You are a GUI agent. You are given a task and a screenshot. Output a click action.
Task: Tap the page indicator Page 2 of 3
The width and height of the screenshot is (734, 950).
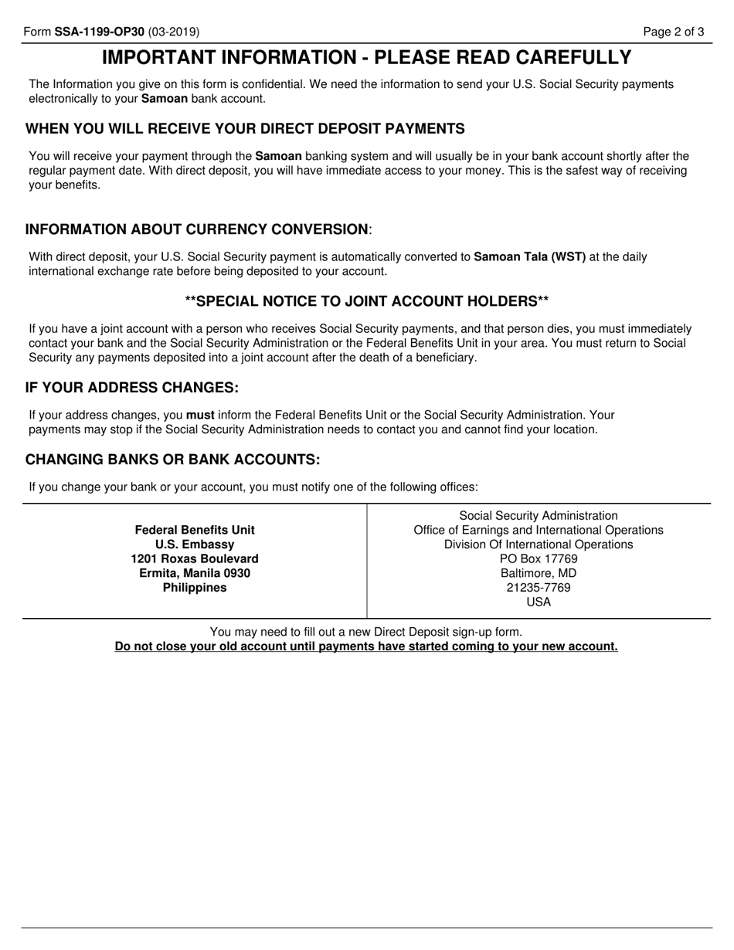(675, 32)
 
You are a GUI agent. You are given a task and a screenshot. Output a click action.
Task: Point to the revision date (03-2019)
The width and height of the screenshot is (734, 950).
(174, 32)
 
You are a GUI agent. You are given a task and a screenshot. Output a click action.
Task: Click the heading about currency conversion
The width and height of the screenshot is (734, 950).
(198, 229)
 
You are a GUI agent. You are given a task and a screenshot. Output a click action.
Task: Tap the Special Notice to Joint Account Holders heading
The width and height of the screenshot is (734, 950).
(367, 300)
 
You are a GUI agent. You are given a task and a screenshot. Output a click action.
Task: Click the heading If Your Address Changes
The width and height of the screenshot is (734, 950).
(132, 387)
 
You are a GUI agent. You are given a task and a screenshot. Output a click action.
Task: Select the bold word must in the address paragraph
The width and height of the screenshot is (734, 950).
(200, 415)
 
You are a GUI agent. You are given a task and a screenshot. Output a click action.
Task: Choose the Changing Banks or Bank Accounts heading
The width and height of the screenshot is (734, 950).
(172, 460)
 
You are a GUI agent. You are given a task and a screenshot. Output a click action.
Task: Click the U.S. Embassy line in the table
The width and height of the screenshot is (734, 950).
(195, 545)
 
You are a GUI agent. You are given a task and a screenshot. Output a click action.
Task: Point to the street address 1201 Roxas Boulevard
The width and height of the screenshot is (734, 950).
(195, 558)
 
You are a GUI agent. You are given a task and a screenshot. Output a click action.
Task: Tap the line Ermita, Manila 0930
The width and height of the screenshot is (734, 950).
(195, 573)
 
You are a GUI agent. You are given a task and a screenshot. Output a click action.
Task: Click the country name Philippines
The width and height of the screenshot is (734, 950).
(195, 588)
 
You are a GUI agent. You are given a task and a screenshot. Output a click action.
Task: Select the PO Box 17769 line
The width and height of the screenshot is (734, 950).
(539, 558)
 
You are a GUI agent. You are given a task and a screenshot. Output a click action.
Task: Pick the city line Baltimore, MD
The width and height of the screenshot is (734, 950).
(539, 573)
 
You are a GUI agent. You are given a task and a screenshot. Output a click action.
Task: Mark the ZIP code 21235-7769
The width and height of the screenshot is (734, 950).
(539, 588)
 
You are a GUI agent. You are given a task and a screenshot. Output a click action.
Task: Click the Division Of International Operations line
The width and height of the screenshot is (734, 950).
(539, 545)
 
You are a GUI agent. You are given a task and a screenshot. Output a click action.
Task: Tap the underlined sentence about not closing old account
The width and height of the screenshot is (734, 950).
(366, 646)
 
